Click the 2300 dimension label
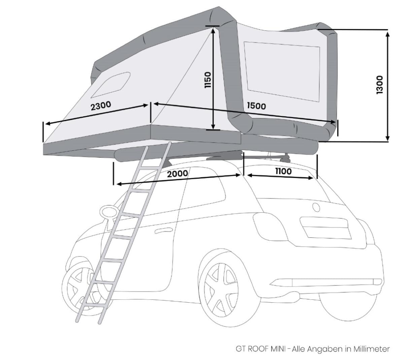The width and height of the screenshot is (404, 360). coord(101,106)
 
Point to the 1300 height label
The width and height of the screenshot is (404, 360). coord(379,85)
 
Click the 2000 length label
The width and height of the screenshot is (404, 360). coord(177,174)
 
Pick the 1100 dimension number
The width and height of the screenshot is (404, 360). coord(283,171)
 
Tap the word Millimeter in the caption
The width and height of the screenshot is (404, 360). coord(371,349)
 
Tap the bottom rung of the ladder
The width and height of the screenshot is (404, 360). coord(92,305)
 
